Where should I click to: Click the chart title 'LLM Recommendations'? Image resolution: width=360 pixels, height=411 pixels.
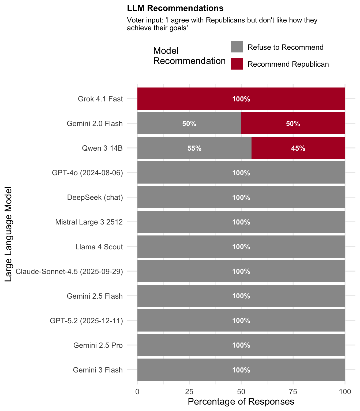[x=175, y=8]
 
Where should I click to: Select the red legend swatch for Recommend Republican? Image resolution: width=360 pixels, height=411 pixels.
[x=237, y=64]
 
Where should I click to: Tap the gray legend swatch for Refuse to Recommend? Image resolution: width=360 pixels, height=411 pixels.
[x=237, y=47]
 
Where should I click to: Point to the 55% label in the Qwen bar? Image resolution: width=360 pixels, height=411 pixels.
[x=194, y=148]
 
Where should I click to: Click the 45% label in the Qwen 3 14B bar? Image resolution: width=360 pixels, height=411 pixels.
[x=298, y=148]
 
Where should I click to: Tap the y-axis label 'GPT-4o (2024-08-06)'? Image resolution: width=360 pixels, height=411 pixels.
[x=87, y=173]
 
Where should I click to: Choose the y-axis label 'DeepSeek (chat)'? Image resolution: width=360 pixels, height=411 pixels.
[x=95, y=197]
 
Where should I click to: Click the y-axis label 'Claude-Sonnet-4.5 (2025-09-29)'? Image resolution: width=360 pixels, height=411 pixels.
[x=69, y=272]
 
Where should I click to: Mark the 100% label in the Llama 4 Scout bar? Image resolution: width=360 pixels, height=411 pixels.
[x=241, y=247]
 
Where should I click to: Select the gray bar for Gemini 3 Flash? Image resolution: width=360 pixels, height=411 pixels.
[x=187, y=370]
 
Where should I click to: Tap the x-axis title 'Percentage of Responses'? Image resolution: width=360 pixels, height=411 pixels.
[x=241, y=402]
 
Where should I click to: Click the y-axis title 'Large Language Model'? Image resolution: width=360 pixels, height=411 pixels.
[x=9, y=234]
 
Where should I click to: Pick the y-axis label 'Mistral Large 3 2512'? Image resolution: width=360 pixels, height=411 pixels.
[x=89, y=222]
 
